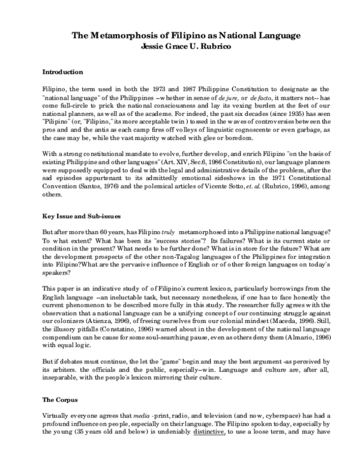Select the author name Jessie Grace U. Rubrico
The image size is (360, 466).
[180, 46]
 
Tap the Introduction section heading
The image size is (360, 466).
[63, 71]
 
